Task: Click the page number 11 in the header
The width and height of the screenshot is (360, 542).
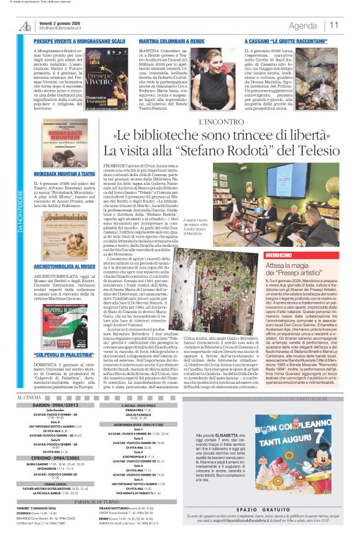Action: coord(335,25)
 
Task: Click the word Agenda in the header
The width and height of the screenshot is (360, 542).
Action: coord(303,25)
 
